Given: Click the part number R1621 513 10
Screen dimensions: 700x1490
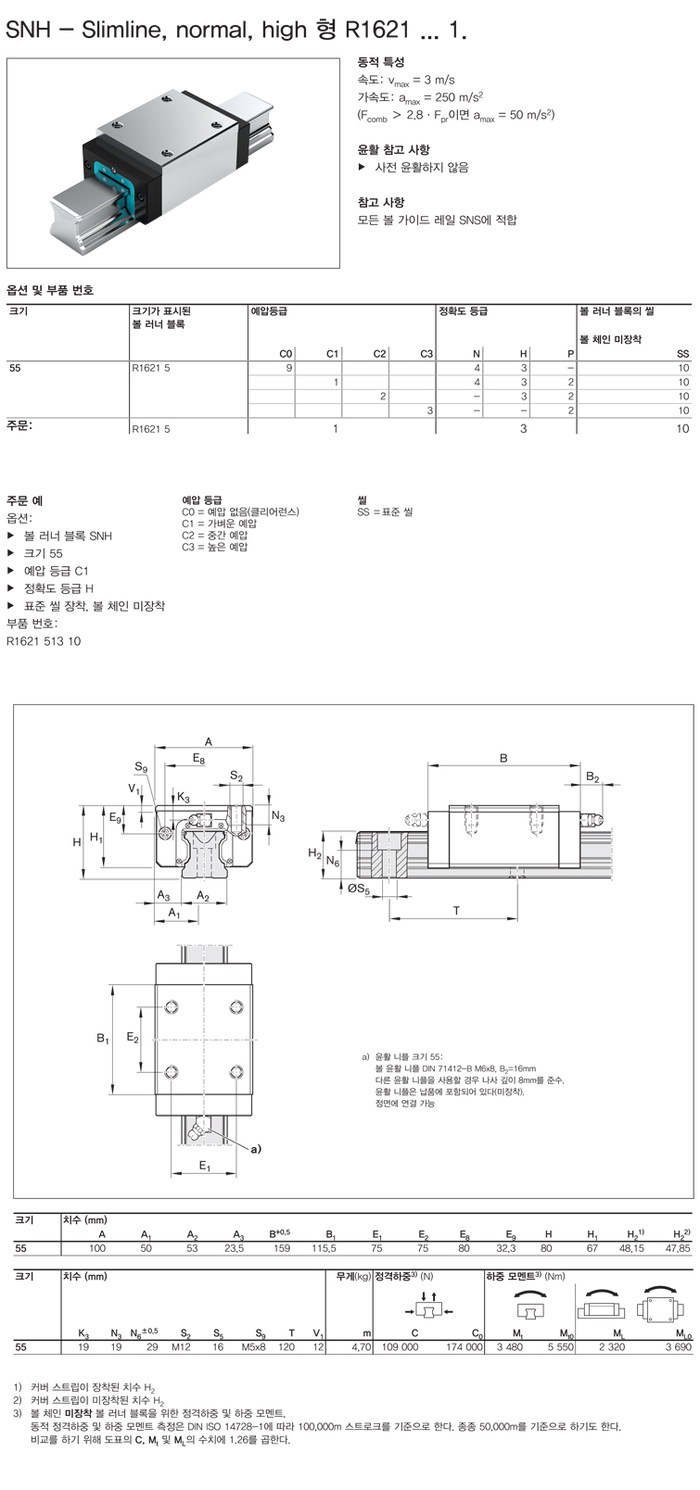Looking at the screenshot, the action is coord(44,641).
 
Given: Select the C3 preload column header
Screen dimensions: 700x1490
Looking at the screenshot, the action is coord(426,354).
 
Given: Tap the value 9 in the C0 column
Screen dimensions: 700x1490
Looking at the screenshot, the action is coord(288,368).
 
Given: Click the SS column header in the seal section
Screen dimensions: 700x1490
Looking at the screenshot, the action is coord(683,354).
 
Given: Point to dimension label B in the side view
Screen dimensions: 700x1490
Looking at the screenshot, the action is coord(503,758).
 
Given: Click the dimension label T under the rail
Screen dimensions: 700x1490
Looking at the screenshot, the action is coord(456,911).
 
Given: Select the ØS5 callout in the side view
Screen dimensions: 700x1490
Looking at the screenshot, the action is coord(359,889).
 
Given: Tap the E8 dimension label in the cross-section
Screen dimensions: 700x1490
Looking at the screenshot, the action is coord(199,758).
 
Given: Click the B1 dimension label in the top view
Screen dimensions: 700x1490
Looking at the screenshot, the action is coord(103,1038).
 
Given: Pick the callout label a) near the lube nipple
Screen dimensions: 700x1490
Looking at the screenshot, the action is coord(256,1149).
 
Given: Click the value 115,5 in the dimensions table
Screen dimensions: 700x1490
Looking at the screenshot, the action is coord(325,1248).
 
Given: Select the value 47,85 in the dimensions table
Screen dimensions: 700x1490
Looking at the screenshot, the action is coord(678,1248).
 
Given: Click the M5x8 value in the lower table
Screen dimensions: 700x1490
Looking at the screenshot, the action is coord(253,1347).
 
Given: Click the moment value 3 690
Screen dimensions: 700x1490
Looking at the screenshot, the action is coord(679,1347).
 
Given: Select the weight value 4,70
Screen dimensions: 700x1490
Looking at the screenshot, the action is coord(362,1347).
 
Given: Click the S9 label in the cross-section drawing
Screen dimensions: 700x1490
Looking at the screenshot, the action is coord(141,767).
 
